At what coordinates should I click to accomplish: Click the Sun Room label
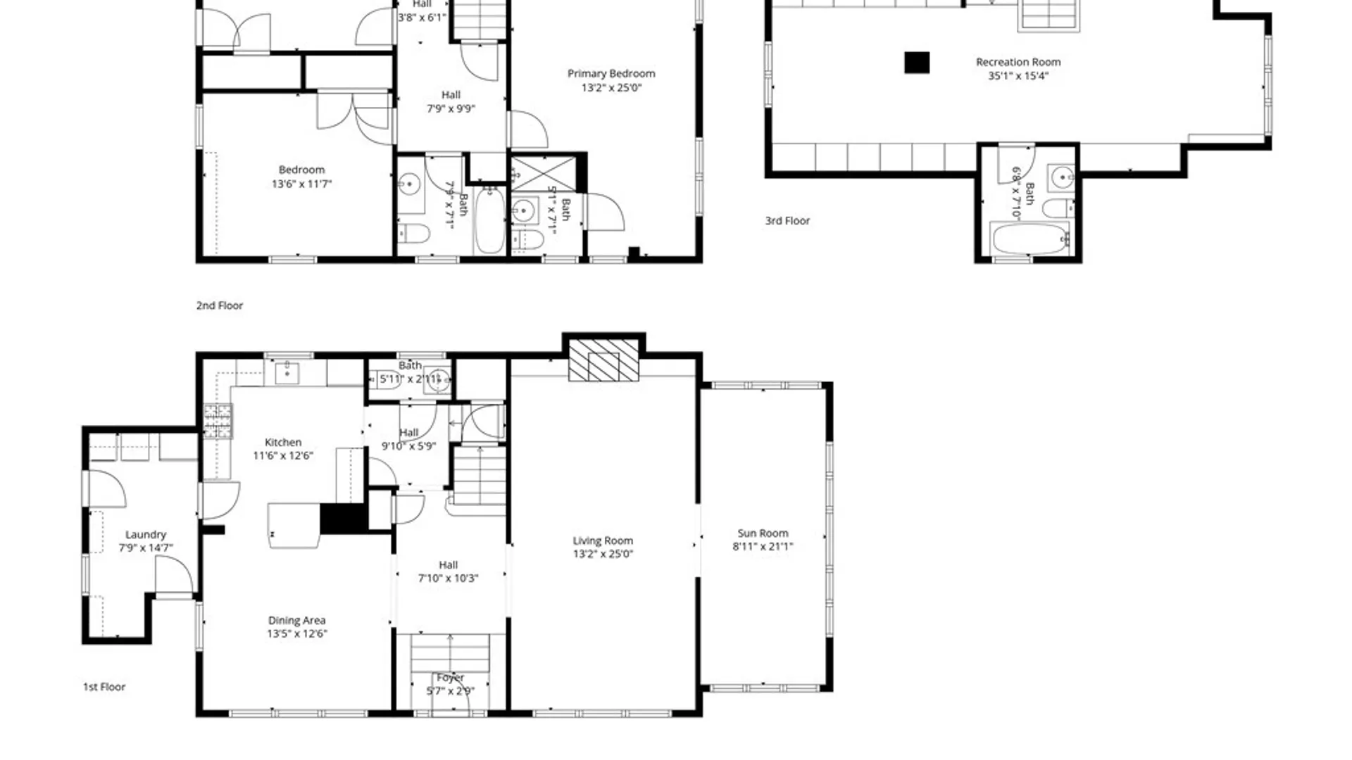tap(763, 533)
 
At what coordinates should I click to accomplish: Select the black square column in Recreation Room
tap(917, 63)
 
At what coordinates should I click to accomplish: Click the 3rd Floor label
tap(787, 221)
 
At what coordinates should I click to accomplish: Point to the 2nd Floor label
tap(220, 305)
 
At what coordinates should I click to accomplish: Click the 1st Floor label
tap(104, 687)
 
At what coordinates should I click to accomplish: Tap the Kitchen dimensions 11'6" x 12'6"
tap(283, 456)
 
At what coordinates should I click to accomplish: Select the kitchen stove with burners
tap(218, 421)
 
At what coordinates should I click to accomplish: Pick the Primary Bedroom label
tap(611, 73)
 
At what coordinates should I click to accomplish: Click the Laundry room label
tap(146, 535)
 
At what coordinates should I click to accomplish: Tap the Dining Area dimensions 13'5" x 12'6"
tap(296, 634)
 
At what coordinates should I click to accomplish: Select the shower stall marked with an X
tap(543, 174)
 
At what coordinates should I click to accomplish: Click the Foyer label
tap(450, 678)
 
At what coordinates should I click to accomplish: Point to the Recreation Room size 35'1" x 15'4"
tap(1018, 76)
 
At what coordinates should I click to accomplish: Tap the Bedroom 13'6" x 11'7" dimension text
tap(301, 184)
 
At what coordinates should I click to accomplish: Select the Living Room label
tap(603, 540)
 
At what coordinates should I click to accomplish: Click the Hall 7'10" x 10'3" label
tap(449, 565)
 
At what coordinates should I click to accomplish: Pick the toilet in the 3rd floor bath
tap(1057, 208)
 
